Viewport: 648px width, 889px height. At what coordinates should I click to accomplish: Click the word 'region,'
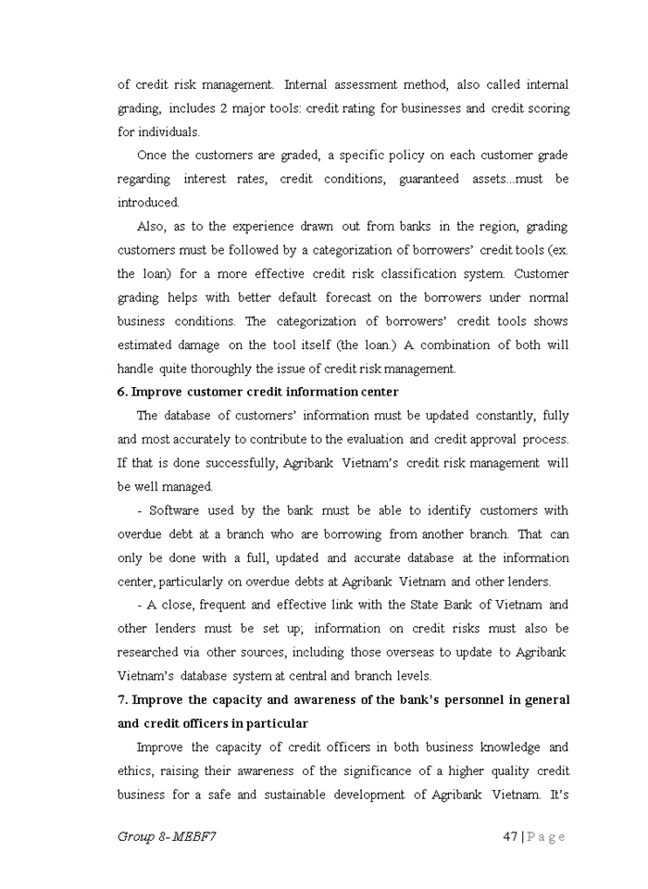544,226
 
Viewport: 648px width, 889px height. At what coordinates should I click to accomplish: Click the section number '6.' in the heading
123,392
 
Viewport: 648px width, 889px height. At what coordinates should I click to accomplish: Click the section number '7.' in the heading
123,699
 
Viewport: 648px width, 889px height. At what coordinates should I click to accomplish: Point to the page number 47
510,836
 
